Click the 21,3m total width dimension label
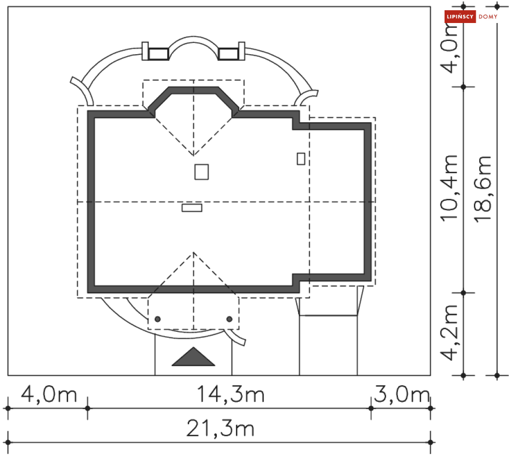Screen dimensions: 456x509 (220, 428)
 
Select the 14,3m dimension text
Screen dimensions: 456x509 (231, 395)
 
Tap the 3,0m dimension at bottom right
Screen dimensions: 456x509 (402, 395)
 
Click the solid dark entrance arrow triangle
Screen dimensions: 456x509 (193, 358)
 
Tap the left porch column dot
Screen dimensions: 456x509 (158, 319)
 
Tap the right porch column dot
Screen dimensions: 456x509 (229, 319)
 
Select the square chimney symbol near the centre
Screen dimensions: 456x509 (202, 172)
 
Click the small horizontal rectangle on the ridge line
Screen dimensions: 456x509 (192, 208)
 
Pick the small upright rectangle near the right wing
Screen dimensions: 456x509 (301, 158)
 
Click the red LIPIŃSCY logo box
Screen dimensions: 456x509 (460, 17)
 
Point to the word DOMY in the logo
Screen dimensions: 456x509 (488, 17)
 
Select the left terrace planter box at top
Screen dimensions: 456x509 (158, 53)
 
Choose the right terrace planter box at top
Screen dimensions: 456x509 (229, 53)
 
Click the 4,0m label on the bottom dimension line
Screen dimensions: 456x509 (48, 395)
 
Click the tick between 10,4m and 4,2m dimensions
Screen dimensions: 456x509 (463, 293)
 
